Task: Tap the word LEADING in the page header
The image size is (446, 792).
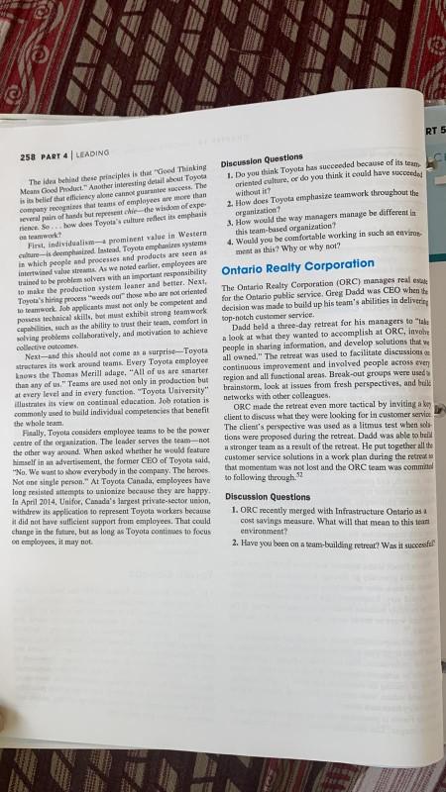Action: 94,157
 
